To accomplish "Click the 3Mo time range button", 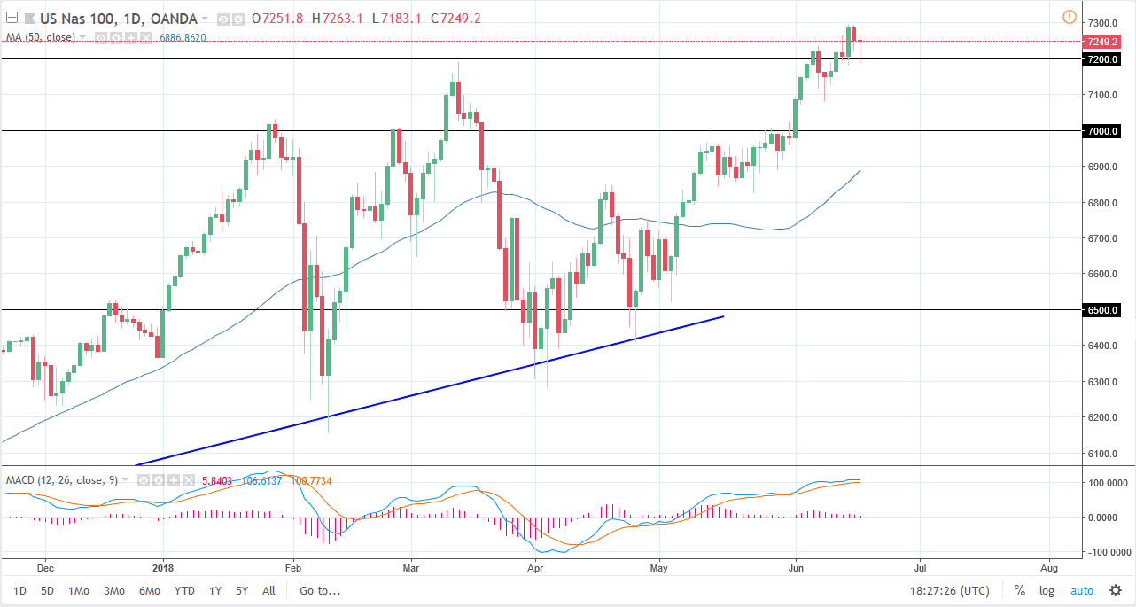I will point(113,591).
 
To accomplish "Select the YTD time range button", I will point(184,591).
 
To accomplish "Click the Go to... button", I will point(319,591).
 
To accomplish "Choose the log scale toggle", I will point(1047,591).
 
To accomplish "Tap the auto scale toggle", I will point(1082,591).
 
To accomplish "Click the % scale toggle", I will point(1020,591).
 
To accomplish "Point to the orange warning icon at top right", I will point(1069,17).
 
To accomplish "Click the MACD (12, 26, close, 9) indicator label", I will point(62,480).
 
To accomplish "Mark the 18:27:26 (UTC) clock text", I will point(949,591).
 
